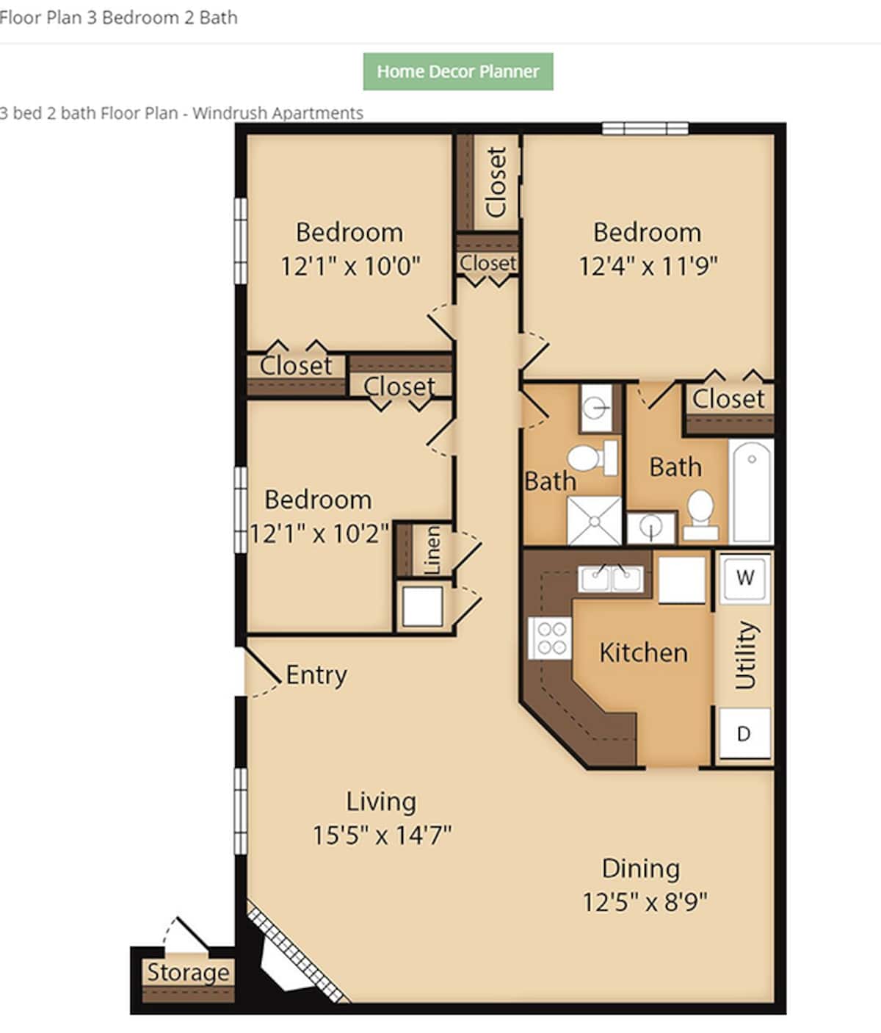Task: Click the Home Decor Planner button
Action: (x=457, y=72)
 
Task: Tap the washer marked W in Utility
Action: (x=744, y=578)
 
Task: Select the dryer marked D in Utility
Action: (x=744, y=733)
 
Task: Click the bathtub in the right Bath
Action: (x=752, y=491)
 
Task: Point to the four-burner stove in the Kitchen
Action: (x=550, y=638)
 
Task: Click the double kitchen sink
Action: (x=610, y=579)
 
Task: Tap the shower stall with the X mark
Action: (x=594, y=521)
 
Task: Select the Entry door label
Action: (x=316, y=674)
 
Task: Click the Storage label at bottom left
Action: (x=188, y=972)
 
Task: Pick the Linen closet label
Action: (x=432, y=550)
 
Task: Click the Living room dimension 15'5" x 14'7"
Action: (x=382, y=835)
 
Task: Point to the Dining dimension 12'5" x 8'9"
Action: (x=645, y=901)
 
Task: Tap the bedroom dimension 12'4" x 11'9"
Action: (x=648, y=265)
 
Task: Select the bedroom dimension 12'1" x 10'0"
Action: (x=350, y=265)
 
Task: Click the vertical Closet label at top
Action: (x=497, y=181)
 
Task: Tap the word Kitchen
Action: (x=643, y=652)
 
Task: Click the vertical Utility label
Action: (x=745, y=655)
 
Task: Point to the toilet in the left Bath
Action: (x=590, y=458)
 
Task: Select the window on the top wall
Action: (x=645, y=129)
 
